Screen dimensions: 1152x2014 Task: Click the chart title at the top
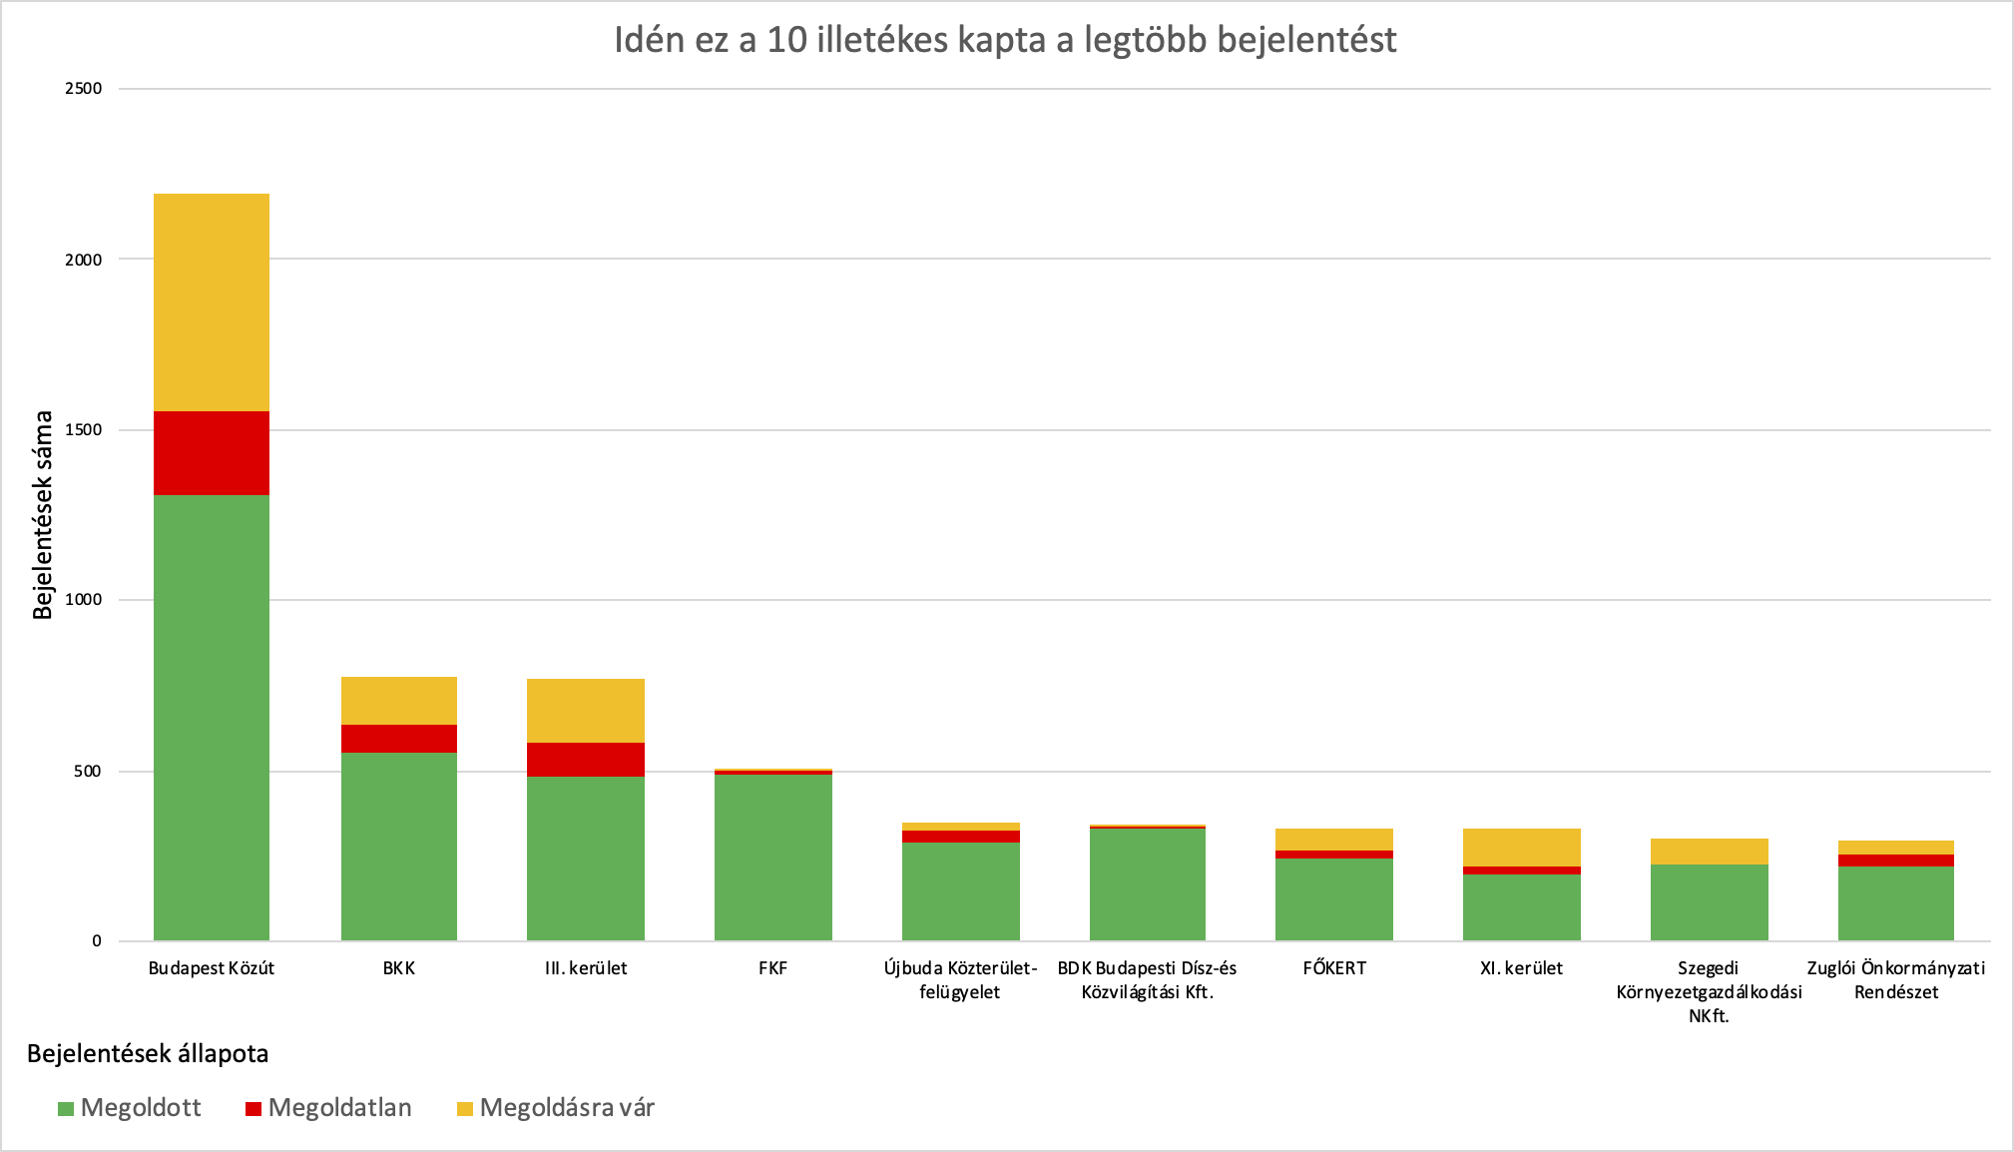(1005, 40)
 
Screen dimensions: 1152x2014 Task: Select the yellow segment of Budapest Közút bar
(211, 301)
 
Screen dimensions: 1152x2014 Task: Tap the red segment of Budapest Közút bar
(211, 452)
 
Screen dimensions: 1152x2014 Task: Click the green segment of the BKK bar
(398, 846)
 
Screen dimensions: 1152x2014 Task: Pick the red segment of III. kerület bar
(586, 759)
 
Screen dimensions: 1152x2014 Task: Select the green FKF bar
(772, 857)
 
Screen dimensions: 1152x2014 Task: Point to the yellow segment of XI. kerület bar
(1521, 847)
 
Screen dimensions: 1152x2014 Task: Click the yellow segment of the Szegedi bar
(1709, 851)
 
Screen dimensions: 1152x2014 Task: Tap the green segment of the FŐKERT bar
(1334, 898)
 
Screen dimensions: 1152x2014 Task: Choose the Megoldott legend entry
(130, 1108)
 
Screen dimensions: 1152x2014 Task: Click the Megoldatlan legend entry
(328, 1108)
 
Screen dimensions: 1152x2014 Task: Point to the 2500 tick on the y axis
(84, 89)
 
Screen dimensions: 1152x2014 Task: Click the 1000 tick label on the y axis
(84, 600)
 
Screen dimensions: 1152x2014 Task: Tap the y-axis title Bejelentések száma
(43, 514)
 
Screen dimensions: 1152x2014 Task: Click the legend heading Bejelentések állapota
(148, 1054)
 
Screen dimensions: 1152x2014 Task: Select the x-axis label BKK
(398, 968)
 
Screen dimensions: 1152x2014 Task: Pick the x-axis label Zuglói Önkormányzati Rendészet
(1895, 979)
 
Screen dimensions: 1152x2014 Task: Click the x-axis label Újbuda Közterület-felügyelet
(960, 979)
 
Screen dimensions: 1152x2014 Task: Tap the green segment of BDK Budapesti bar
(1147, 883)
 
